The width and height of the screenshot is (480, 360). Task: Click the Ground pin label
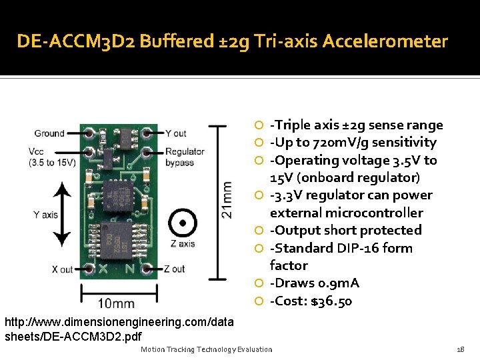pyautogui.click(x=49, y=133)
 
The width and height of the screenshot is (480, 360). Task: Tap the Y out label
pyautogui.click(x=176, y=133)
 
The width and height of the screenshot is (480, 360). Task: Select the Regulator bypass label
pyautogui.click(x=185, y=157)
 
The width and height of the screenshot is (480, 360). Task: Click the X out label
pyautogui.click(x=62, y=269)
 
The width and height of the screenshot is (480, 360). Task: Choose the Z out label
pyautogui.click(x=174, y=269)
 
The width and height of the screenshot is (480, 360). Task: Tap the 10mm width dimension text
pyautogui.click(x=116, y=304)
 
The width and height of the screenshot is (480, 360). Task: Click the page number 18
pyautogui.click(x=460, y=349)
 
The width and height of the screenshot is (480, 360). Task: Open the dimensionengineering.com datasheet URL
pyautogui.click(x=119, y=329)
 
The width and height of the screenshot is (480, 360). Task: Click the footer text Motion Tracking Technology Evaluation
pyautogui.click(x=207, y=349)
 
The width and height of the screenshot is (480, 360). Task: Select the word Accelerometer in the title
pyautogui.click(x=385, y=41)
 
